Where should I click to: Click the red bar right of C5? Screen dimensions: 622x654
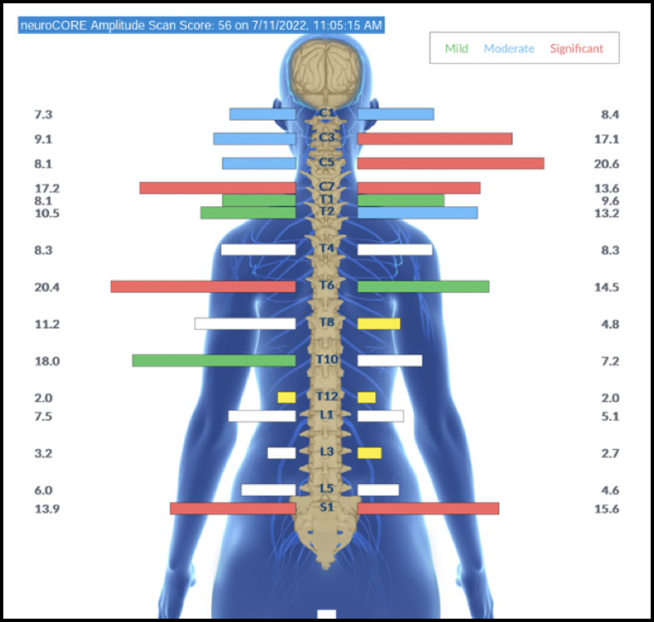tap(450, 164)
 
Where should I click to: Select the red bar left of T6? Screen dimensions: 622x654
tap(203, 287)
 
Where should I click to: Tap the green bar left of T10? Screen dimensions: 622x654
tap(214, 361)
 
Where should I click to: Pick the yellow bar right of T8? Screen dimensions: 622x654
tap(379, 323)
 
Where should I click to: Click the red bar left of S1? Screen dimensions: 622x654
tap(233, 508)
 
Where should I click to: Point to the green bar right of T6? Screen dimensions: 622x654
tap(423, 287)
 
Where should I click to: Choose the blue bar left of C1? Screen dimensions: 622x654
tap(262, 114)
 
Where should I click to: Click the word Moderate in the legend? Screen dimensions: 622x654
tap(509, 48)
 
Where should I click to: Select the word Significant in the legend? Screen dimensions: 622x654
tap(577, 48)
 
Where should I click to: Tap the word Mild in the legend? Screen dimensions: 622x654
tap(456, 48)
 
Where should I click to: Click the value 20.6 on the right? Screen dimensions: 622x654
tap(607, 164)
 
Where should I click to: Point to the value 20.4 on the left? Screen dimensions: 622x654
tap(47, 287)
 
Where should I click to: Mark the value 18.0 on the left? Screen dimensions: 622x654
tap(47, 361)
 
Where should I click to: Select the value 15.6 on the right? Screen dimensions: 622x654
tap(607, 509)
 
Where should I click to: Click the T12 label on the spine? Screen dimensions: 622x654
tap(326, 397)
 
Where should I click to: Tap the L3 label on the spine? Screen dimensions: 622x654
tap(326, 452)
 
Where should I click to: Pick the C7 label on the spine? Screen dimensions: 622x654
tap(326, 187)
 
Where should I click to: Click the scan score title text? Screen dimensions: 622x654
tap(201, 26)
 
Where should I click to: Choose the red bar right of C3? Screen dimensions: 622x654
tap(434, 139)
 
